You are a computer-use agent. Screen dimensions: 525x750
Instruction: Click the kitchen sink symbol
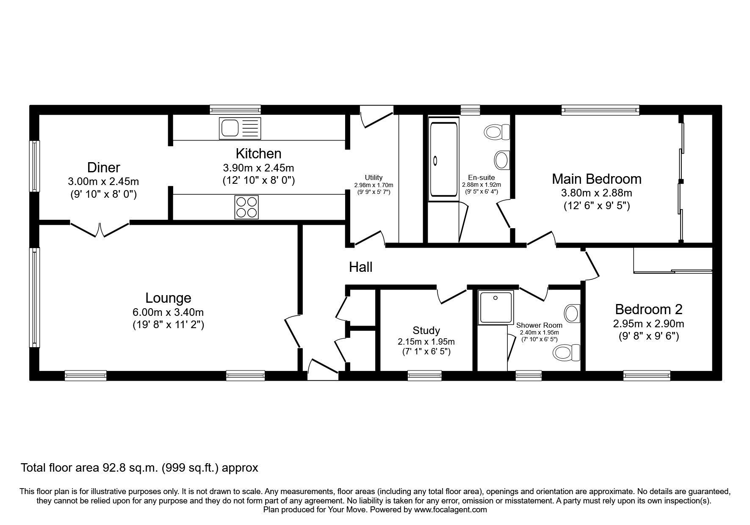(x=240, y=128)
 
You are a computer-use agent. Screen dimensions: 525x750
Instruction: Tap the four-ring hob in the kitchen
(x=246, y=207)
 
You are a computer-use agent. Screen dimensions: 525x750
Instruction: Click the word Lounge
(x=168, y=298)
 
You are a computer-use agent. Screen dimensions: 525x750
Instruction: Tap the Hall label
(x=360, y=267)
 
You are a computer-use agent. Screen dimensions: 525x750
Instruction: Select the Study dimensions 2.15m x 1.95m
(x=426, y=342)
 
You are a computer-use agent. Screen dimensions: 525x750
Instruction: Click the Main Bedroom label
(x=596, y=179)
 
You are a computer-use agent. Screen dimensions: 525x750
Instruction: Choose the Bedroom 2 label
(x=648, y=309)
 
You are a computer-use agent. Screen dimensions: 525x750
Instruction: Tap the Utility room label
(x=374, y=178)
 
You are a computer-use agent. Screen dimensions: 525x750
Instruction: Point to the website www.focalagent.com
(x=450, y=510)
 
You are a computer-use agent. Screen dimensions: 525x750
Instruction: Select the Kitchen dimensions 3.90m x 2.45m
(x=258, y=168)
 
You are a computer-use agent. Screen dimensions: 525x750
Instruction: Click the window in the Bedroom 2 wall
(x=647, y=375)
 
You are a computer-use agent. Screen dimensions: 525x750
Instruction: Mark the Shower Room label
(x=539, y=325)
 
